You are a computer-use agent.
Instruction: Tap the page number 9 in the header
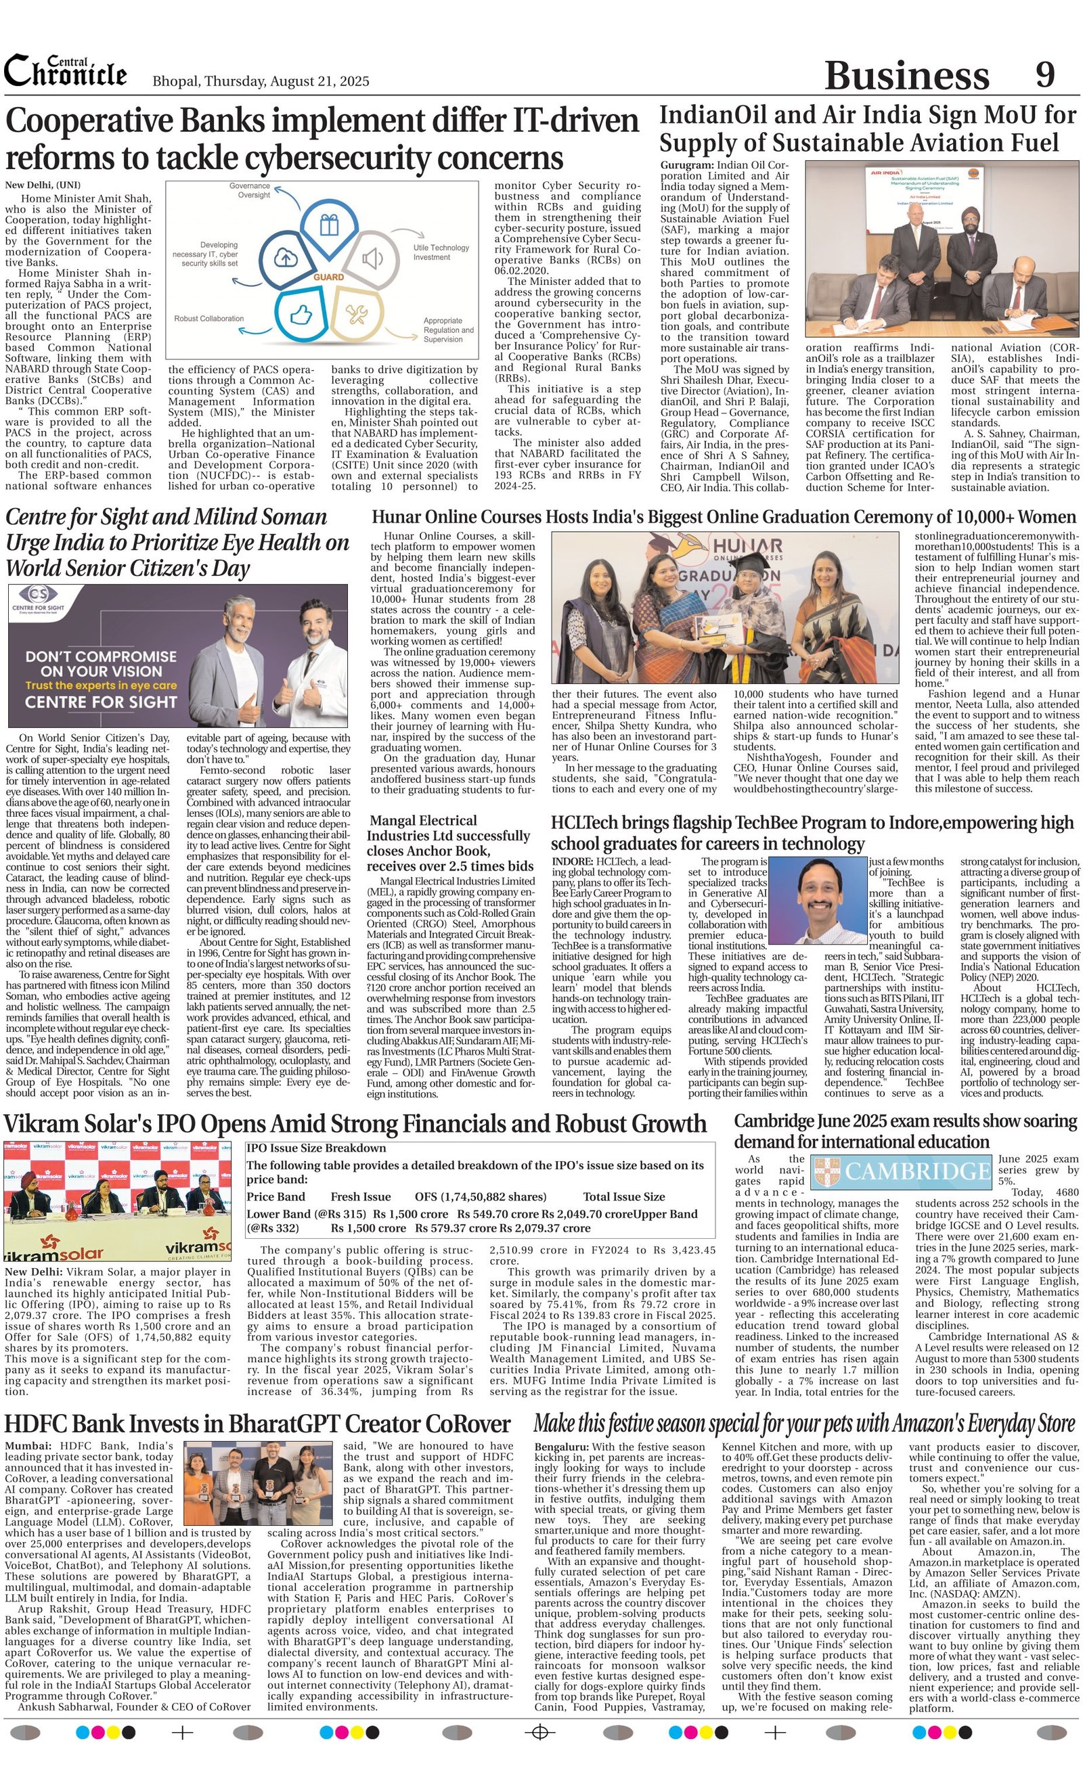pyautogui.click(x=1044, y=75)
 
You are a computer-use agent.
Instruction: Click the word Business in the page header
pyautogui.click(x=906, y=76)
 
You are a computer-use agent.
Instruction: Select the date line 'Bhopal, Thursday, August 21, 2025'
pyautogui.click(x=261, y=81)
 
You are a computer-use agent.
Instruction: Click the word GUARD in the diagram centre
pyautogui.click(x=328, y=277)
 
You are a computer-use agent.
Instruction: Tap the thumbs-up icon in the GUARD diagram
pyautogui.click(x=299, y=315)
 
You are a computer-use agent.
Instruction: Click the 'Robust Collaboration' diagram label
pyautogui.click(x=208, y=318)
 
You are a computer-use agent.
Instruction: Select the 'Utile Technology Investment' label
pyautogui.click(x=441, y=252)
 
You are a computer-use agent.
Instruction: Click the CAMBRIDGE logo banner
pyautogui.click(x=901, y=1171)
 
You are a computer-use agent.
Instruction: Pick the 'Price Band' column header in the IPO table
pyautogui.click(x=275, y=1196)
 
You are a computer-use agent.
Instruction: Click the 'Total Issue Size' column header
pyautogui.click(x=623, y=1196)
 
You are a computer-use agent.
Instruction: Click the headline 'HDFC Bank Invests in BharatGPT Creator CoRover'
pyautogui.click(x=258, y=1424)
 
